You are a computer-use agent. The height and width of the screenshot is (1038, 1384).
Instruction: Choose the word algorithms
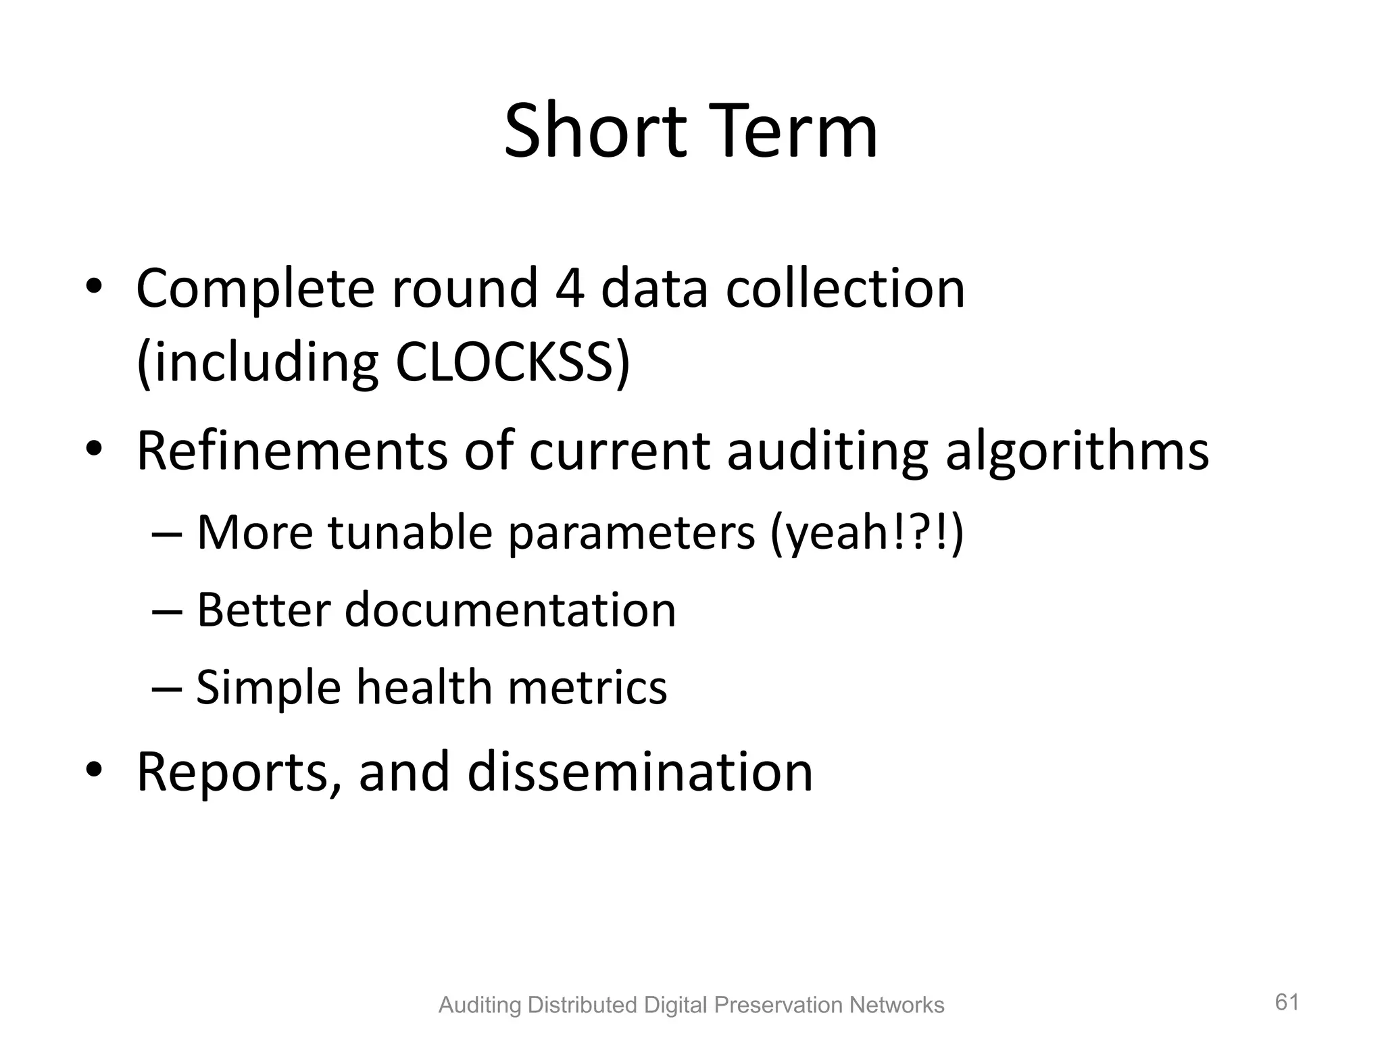[x=1077, y=451]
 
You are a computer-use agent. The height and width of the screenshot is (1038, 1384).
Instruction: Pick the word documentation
[x=510, y=610]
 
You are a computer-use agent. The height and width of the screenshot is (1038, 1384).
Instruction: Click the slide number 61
[x=1287, y=1002]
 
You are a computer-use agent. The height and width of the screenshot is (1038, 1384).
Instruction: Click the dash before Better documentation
[x=166, y=611]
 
